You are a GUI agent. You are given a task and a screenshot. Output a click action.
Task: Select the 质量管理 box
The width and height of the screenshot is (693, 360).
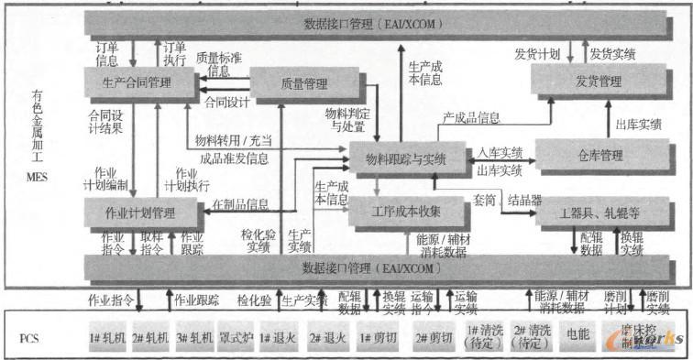click(x=302, y=84)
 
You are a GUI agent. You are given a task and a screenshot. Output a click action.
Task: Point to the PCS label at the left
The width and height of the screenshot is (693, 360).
click(x=29, y=335)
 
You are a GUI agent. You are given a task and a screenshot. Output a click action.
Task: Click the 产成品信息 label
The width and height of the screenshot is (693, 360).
click(x=471, y=117)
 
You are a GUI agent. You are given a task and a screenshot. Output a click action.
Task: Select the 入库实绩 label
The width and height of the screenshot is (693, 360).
click(x=500, y=151)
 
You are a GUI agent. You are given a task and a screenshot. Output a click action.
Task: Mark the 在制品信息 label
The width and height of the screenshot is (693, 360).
click(x=240, y=203)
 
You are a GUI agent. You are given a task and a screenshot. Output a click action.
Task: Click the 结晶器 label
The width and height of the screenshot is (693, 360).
click(x=524, y=199)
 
